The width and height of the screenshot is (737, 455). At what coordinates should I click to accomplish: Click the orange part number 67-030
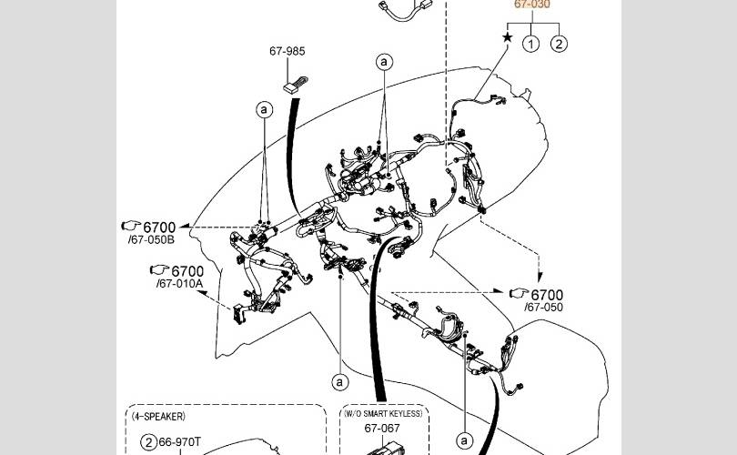click(x=532, y=5)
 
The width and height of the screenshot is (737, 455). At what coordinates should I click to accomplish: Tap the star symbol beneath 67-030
click(x=508, y=38)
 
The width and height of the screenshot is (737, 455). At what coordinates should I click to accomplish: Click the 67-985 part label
click(x=287, y=52)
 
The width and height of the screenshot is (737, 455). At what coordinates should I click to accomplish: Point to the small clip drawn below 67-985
click(x=293, y=86)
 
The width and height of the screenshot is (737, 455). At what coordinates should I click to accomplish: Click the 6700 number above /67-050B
click(x=159, y=227)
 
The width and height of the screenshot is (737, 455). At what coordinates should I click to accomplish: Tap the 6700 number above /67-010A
click(x=187, y=271)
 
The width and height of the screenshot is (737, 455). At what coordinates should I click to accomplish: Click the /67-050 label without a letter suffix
click(x=543, y=308)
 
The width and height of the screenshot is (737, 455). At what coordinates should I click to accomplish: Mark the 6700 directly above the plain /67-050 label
click(x=547, y=295)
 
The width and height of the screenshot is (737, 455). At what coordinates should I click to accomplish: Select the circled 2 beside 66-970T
click(x=147, y=443)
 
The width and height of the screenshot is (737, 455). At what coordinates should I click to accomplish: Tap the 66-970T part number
click(x=180, y=443)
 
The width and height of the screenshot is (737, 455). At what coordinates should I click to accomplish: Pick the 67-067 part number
click(x=382, y=428)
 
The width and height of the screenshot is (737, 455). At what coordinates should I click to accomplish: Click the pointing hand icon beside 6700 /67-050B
click(x=130, y=226)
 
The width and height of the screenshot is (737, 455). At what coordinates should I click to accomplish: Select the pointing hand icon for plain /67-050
click(x=519, y=294)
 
